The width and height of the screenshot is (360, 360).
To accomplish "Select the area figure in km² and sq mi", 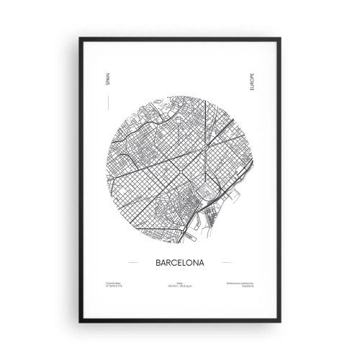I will tap(180, 288).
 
